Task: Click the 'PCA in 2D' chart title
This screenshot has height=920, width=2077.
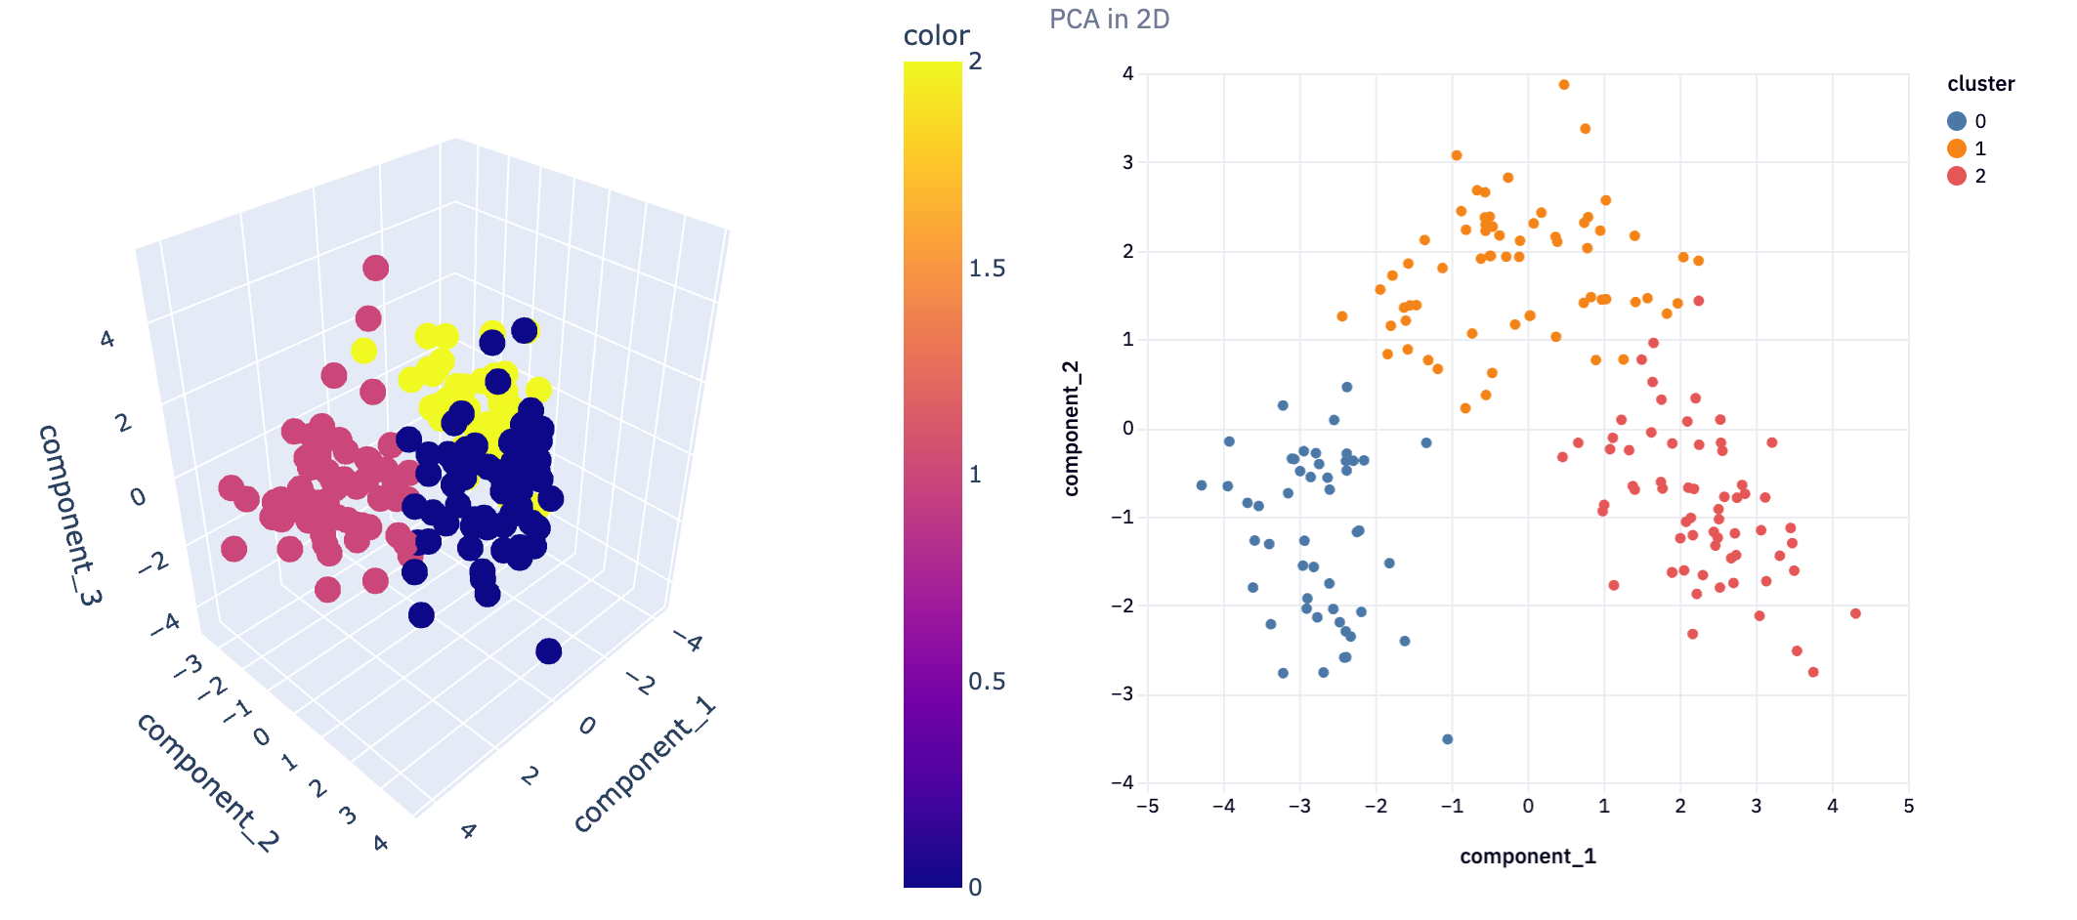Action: [x=1109, y=20]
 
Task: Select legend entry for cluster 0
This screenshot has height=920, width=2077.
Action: [x=1967, y=121]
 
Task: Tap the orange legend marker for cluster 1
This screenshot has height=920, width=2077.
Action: [x=1957, y=148]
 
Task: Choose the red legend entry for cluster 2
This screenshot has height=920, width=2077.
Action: [x=1967, y=176]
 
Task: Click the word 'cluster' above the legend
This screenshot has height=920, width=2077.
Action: [x=1981, y=84]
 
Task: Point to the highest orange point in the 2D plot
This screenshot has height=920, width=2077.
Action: [x=1564, y=85]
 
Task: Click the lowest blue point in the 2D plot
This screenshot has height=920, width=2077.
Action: [x=1448, y=739]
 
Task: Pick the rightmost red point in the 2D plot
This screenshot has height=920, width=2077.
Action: [x=1855, y=613]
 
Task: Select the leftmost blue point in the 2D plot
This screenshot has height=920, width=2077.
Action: [x=1202, y=485]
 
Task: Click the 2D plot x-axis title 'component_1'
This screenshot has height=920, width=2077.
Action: [x=1528, y=857]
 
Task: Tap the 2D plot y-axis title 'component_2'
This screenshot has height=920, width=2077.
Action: [x=1072, y=429]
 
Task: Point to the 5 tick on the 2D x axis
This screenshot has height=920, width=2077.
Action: [x=1909, y=807]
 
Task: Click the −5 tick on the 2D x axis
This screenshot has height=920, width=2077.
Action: [x=1147, y=807]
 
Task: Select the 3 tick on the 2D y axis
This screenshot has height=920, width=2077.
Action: [x=1128, y=162]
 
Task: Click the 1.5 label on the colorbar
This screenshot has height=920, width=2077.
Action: [x=987, y=269]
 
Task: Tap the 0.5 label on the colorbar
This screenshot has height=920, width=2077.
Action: [x=987, y=682]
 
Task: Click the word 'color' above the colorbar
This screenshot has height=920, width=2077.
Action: [x=936, y=36]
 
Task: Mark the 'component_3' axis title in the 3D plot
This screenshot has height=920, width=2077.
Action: [x=68, y=515]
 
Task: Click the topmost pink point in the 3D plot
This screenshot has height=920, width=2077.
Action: [x=376, y=268]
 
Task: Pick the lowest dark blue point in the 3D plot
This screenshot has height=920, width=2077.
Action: [x=549, y=651]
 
